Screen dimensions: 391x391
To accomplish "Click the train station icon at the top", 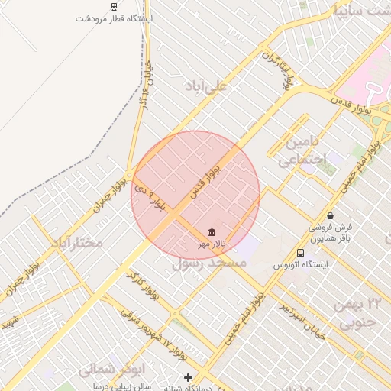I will (115, 6).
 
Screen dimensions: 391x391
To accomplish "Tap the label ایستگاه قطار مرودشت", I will (115, 18).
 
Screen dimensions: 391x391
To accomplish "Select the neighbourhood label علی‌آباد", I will (206, 86).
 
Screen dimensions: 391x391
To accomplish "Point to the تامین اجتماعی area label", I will (301, 151).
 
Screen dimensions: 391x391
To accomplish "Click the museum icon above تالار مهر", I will (211, 232).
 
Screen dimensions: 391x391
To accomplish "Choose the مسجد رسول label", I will (210, 263).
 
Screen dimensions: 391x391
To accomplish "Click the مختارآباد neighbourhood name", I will (76, 243).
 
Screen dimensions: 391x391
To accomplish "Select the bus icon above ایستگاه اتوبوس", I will (300, 253).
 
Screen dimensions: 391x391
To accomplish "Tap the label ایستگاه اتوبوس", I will (300, 266).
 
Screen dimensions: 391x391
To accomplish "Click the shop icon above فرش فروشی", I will (330, 215).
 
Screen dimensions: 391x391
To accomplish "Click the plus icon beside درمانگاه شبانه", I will (189, 377).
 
